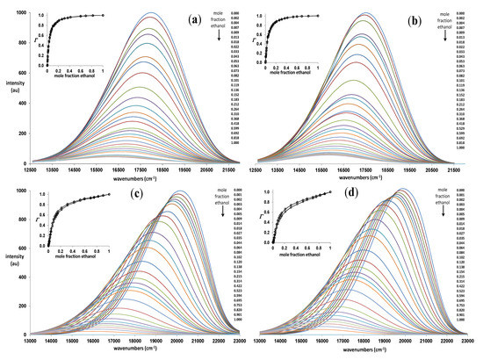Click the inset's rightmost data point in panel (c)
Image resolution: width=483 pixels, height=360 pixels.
pos(110,194)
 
